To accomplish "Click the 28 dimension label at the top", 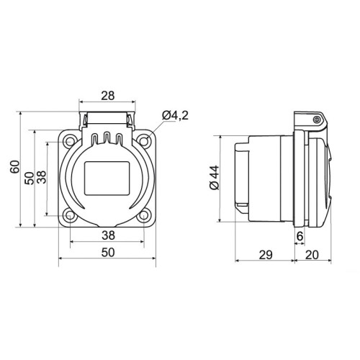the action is [x=108, y=96].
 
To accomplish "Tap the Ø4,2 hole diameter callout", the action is [x=175, y=115].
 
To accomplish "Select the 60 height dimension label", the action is [x=15, y=166].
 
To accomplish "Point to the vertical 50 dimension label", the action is [x=30, y=178].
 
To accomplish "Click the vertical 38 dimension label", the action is [x=42, y=177].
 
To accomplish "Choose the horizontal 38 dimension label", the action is [x=108, y=235].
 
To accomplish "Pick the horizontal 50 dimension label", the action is [x=108, y=253].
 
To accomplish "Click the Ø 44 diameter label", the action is [x=215, y=177].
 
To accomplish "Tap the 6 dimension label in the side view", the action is [x=300, y=236].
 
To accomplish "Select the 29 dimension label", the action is [x=266, y=255].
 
